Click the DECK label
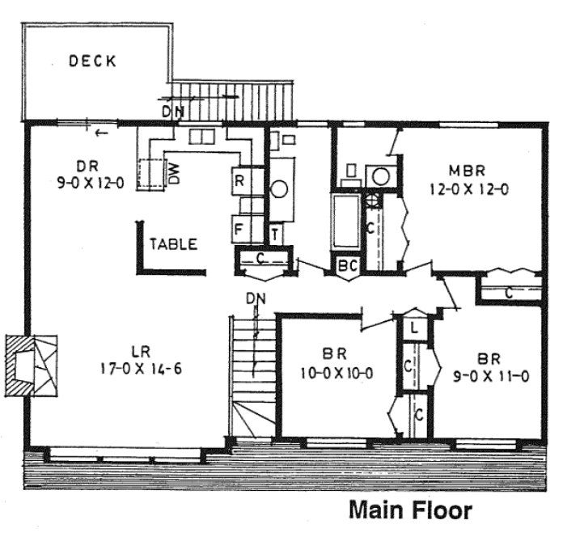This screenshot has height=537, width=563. pyautogui.click(x=93, y=61)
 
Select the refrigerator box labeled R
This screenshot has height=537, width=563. pyautogui.click(x=240, y=181)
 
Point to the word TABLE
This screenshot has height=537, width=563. pyautogui.click(x=173, y=243)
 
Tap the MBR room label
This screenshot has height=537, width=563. pyautogui.click(x=467, y=171)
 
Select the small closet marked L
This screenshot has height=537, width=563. pyautogui.click(x=413, y=328)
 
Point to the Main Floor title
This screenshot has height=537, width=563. pyautogui.click(x=409, y=511)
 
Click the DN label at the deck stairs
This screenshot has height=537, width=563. pyautogui.click(x=171, y=111)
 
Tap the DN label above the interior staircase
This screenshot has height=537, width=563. pyautogui.click(x=256, y=300)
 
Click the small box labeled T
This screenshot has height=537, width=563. pyautogui.click(x=276, y=234)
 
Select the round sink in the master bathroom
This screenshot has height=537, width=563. pyautogui.click(x=379, y=176)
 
